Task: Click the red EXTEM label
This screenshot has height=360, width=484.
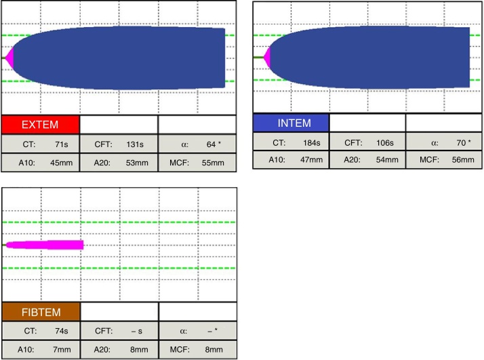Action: coord(40,125)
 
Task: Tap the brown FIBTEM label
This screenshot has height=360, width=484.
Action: coord(41,312)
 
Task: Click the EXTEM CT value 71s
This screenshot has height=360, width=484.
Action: coord(62,144)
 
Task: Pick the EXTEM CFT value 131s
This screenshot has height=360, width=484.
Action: coord(135,144)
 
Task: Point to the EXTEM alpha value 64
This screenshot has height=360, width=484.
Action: coord(211,144)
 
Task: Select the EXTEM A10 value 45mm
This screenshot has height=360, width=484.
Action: coord(62,163)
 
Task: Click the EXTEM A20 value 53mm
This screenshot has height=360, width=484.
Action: coord(137,163)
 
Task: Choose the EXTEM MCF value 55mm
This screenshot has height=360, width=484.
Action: coord(213,163)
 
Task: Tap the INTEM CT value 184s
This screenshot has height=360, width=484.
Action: coord(311,143)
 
